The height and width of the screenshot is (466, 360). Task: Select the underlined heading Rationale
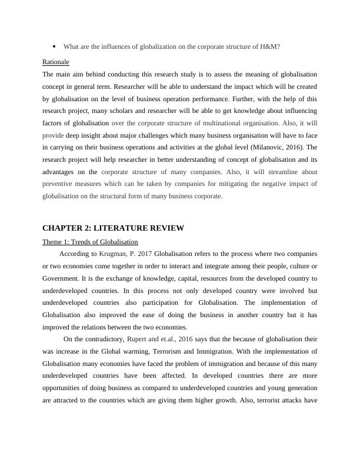[x=56, y=62]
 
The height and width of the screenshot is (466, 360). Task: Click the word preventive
[x=58, y=184]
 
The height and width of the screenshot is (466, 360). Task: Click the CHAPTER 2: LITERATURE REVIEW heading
[x=114, y=228]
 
